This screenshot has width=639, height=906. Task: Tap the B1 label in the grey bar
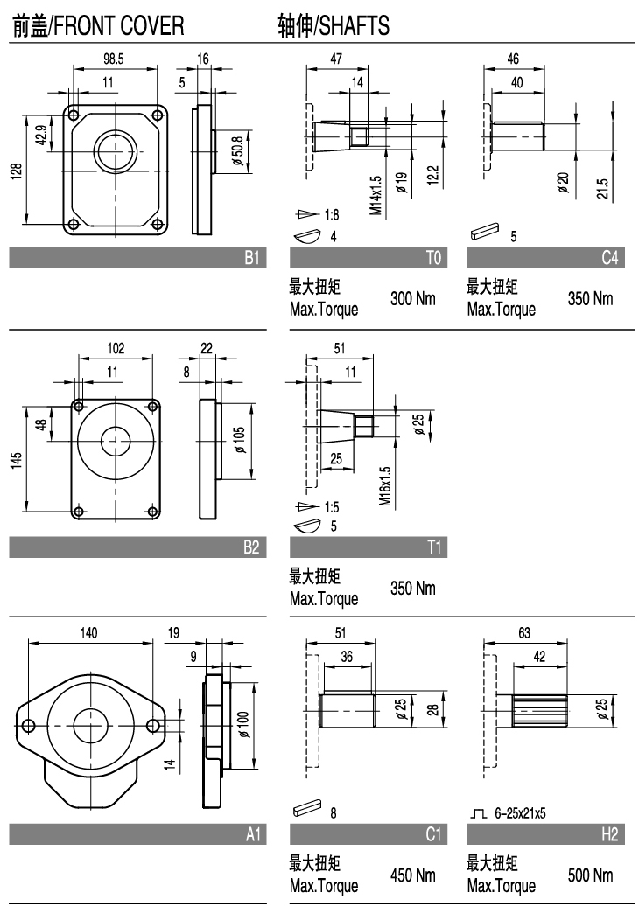click(251, 257)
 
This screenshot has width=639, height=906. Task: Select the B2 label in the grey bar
click(251, 548)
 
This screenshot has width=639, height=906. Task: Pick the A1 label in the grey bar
click(252, 837)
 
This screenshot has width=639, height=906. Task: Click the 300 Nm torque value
click(412, 299)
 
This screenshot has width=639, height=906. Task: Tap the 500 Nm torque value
click(591, 875)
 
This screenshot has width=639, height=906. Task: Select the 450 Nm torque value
click(412, 875)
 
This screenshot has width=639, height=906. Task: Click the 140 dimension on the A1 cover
click(89, 633)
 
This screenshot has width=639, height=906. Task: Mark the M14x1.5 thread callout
click(376, 195)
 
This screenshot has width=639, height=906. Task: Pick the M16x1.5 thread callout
click(385, 487)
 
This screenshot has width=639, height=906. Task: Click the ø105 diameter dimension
click(241, 438)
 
